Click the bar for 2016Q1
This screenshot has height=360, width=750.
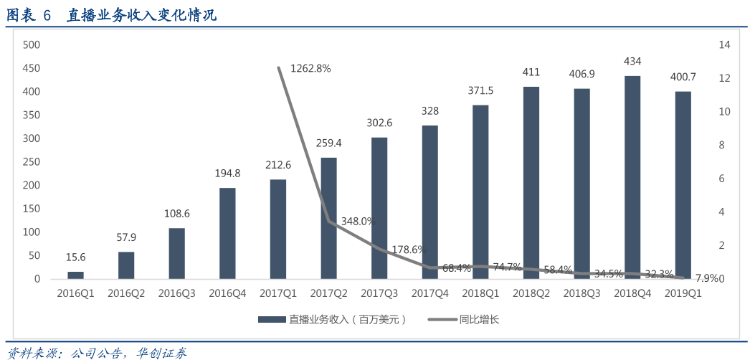pyautogui.click(x=75, y=275)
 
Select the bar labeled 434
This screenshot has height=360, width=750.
pyautogui.click(x=632, y=177)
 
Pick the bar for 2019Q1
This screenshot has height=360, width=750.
pyautogui.click(x=683, y=185)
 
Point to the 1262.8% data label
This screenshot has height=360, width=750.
pyautogui.click(x=310, y=68)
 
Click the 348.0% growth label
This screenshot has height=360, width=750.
pyautogui.click(x=358, y=222)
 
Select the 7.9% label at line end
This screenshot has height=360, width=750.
pyautogui.click(x=706, y=278)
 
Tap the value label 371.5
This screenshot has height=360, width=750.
pyautogui.click(x=480, y=90)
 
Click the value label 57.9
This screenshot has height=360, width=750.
pyautogui.click(x=126, y=237)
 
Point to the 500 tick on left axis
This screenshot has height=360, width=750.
pyautogui.click(x=31, y=44)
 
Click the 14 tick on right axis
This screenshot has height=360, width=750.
pyautogui.click(x=724, y=44)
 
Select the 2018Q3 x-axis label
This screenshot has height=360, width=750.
pyautogui.click(x=582, y=293)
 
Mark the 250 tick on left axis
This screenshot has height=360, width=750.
pyautogui.click(x=31, y=162)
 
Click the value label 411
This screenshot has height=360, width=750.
pyautogui.click(x=531, y=72)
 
